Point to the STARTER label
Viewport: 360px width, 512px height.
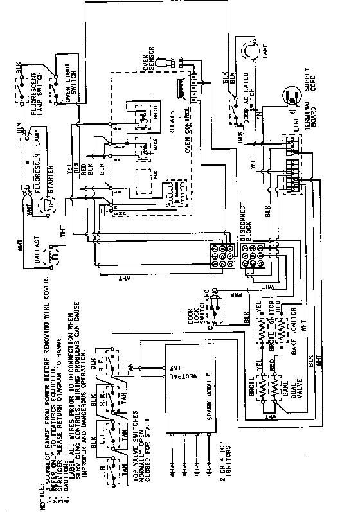[x=48, y=186]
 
